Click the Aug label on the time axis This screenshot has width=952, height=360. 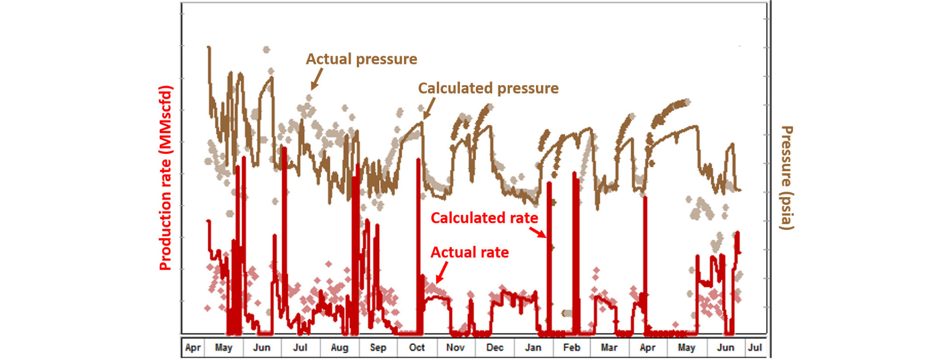339,348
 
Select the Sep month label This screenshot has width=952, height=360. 378,348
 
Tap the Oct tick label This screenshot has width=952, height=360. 417,348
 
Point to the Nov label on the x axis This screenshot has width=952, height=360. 455,348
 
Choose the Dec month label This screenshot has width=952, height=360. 495,348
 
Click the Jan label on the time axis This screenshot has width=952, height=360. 533,348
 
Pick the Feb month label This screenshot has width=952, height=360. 572,348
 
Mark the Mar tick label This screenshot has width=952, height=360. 609,348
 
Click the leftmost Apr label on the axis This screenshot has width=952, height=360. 193,348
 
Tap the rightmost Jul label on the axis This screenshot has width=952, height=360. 755,348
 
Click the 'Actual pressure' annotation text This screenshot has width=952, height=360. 362,59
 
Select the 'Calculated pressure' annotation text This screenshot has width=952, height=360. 488,88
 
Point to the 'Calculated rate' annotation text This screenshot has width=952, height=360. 484,218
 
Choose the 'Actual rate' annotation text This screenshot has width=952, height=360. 469,252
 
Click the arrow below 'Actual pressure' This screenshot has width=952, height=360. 316,79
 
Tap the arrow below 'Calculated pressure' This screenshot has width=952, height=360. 428,110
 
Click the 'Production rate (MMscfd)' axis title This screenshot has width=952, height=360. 165,178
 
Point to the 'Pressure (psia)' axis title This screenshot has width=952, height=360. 787,178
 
